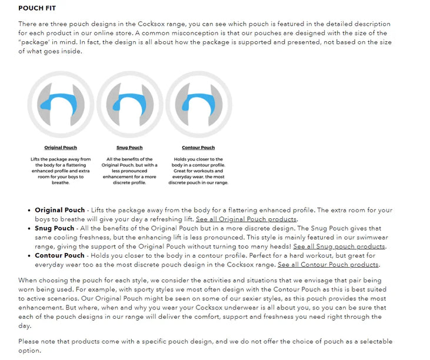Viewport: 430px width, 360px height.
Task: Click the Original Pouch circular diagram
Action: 61,104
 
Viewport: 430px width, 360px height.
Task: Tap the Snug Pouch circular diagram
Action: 129,104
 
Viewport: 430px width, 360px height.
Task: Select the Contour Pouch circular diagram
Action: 199,104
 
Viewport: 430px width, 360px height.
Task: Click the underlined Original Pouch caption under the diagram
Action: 61,148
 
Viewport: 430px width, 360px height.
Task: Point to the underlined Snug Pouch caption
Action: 129,148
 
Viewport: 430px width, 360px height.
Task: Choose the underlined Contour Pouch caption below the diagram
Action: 199,148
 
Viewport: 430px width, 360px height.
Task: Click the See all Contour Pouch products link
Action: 328,265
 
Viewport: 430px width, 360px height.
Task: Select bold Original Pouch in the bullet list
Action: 59,210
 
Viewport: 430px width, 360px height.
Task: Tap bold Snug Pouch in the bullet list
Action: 55,228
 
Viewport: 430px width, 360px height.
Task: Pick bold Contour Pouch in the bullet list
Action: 59,256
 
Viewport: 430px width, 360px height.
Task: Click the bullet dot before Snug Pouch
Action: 29,228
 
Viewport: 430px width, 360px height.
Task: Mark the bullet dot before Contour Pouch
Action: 29,256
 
